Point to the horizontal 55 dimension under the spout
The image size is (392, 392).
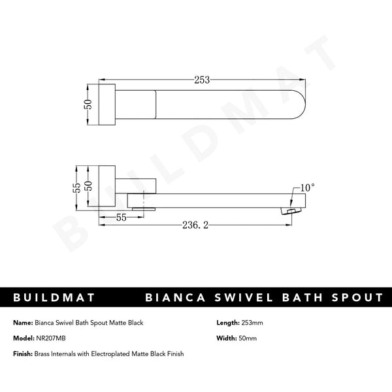point(122,218)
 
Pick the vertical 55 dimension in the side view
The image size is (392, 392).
point(77,188)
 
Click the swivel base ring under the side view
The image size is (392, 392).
point(143,208)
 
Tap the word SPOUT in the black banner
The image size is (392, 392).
point(358,298)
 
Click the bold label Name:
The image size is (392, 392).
point(24,323)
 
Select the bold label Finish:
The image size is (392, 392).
point(24,353)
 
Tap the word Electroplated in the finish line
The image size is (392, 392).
point(115,353)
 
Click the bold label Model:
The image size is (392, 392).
point(24,338)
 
